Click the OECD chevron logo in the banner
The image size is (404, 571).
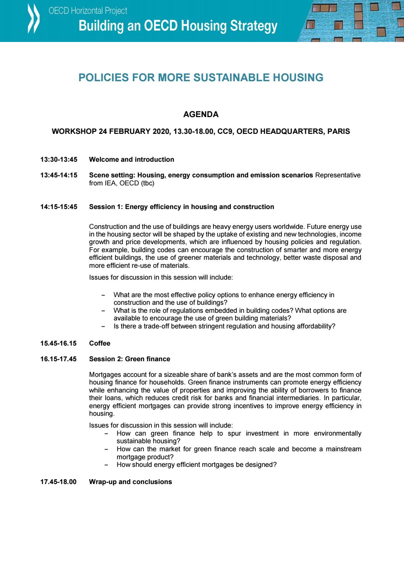tap(32, 19)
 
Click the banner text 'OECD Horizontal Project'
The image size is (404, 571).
tap(88, 11)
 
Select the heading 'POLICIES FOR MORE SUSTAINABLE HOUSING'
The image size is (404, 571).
tap(201, 78)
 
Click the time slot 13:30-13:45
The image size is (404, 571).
tap(59, 159)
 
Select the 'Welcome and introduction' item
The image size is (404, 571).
tap(131, 159)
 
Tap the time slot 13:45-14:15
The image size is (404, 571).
tap(59, 175)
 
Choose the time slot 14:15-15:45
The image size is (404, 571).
tap(59, 207)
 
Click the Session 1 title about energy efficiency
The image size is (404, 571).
tap(181, 207)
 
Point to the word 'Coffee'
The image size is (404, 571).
tap(100, 343)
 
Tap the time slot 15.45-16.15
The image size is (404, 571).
tap(58, 343)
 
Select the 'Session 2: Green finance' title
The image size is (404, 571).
tap(129, 359)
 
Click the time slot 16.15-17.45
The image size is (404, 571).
tap(58, 359)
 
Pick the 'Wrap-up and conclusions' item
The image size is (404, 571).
tap(130, 482)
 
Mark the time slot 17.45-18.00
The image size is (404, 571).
tap(58, 482)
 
